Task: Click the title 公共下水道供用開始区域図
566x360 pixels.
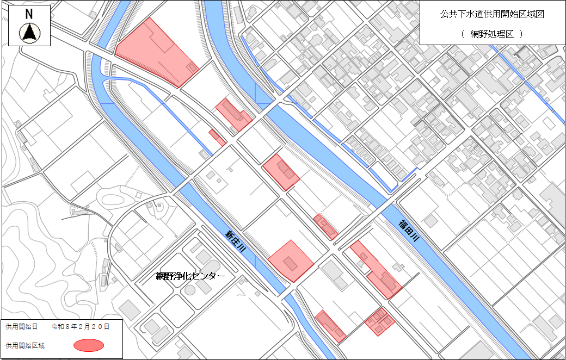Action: coord(492,15)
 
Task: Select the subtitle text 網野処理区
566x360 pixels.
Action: coord(492,33)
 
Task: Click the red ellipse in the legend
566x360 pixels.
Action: coord(88,345)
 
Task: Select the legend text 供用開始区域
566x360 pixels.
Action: coord(25,345)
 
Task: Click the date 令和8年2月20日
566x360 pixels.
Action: coord(81,327)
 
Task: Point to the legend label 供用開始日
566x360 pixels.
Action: coord(22,327)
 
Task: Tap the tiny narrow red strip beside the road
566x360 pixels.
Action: coord(217,137)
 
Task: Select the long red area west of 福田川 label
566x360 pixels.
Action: coord(376,269)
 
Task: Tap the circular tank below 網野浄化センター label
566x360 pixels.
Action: coord(190,290)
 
